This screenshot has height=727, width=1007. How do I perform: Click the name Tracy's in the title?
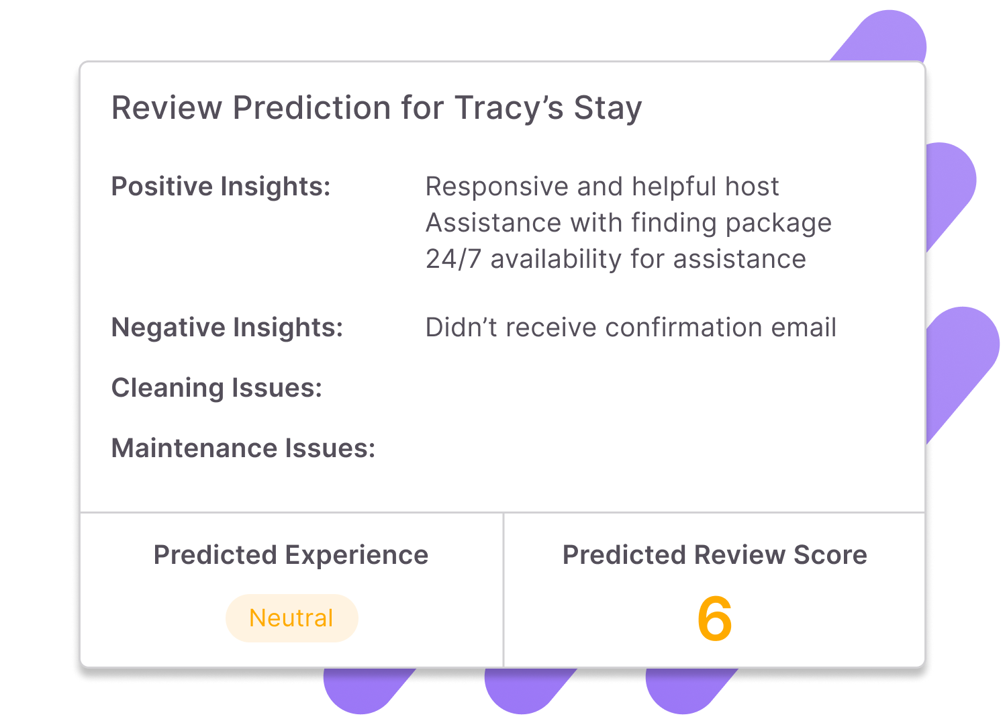pyautogui.click(x=509, y=108)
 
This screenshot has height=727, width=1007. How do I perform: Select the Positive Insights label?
pyautogui.click(x=221, y=187)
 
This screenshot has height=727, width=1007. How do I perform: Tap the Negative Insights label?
pyautogui.click(x=227, y=328)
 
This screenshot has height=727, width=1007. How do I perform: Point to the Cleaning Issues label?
pyautogui.click(x=216, y=388)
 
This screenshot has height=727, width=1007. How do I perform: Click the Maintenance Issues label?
pyautogui.click(x=243, y=448)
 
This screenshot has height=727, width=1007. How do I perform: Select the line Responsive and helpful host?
pyautogui.click(x=602, y=187)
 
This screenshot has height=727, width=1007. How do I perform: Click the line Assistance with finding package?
pyautogui.click(x=628, y=223)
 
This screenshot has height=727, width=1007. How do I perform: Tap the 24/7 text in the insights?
pyautogui.click(x=453, y=259)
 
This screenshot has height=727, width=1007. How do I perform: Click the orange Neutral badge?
pyautogui.click(x=291, y=618)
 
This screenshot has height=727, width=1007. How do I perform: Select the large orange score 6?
pyautogui.click(x=714, y=619)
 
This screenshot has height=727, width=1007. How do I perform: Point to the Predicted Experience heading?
pyautogui.click(x=291, y=555)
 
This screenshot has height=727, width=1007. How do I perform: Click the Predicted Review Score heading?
pyautogui.click(x=714, y=555)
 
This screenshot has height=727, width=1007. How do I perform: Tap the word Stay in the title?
pyautogui.click(x=608, y=108)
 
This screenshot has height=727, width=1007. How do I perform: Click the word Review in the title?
pyautogui.click(x=166, y=108)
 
